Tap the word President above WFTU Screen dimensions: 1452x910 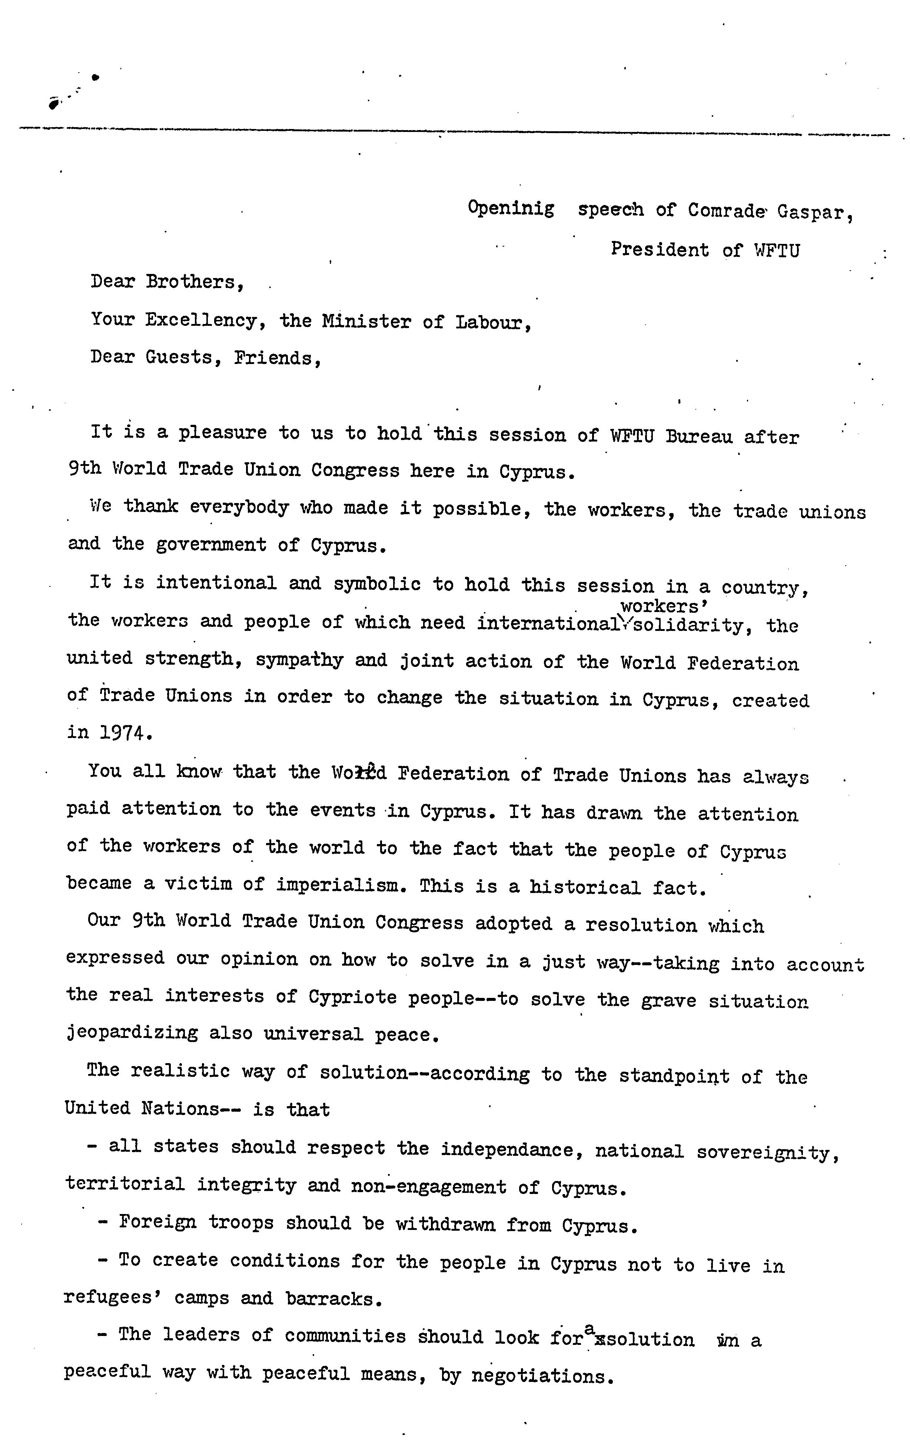[660, 249]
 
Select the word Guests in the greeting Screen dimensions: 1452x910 [179, 358]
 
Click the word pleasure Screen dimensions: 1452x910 [222, 433]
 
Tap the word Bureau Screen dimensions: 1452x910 [699, 436]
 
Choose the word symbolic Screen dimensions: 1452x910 [377, 584]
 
